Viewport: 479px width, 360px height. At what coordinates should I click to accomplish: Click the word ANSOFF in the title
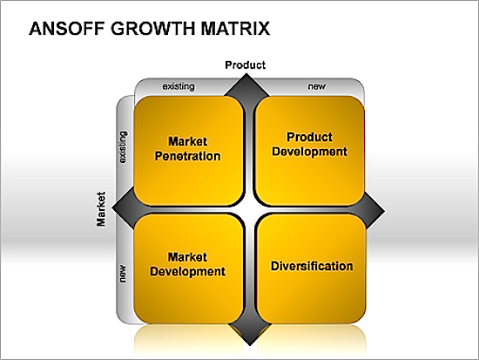pyautogui.click(x=66, y=29)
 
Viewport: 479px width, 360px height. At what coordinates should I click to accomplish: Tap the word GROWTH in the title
pyautogui.click(x=152, y=29)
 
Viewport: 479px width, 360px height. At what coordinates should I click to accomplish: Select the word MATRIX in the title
pyautogui.click(x=235, y=29)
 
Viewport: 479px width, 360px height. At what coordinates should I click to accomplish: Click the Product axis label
pyautogui.click(x=246, y=65)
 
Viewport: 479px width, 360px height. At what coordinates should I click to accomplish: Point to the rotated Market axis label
pyautogui.click(x=101, y=209)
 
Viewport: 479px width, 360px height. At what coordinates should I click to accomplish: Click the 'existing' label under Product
pyautogui.click(x=179, y=86)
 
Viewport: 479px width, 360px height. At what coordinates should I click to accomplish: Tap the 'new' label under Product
pyautogui.click(x=317, y=86)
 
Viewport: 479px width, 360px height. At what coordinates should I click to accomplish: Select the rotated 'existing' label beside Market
pyautogui.click(x=123, y=147)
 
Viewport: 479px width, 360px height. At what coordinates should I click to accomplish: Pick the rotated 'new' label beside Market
pyautogui.click(x=123, y=274)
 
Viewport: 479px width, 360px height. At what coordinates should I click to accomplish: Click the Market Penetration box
pyautogui.click(x=188, y=151)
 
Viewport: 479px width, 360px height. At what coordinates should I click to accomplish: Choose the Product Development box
pyautogui.click(x=310, y=151)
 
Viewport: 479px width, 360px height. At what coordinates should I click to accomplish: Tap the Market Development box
pyautogui.click(x=188, y=268)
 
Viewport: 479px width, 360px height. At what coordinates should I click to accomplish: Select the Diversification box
pyautogui.click(x=311, y=268)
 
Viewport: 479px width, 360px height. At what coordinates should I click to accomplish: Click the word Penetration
pyautogui.click(x=187, y=156)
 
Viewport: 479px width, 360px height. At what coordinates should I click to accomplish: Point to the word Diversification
pyautogui.click(x=312, y=266)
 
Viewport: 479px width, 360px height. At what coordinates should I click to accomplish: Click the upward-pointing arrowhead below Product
pyautogui.click(x=246, y=85)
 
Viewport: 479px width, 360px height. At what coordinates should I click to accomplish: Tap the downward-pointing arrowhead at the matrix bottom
pyautogui.click(x=250, y=335)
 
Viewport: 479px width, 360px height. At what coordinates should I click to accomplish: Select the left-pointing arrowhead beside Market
pyautogui.click(x=124, y=209)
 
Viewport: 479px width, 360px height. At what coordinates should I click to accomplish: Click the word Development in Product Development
pyautogui.click(x=309, y=152)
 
